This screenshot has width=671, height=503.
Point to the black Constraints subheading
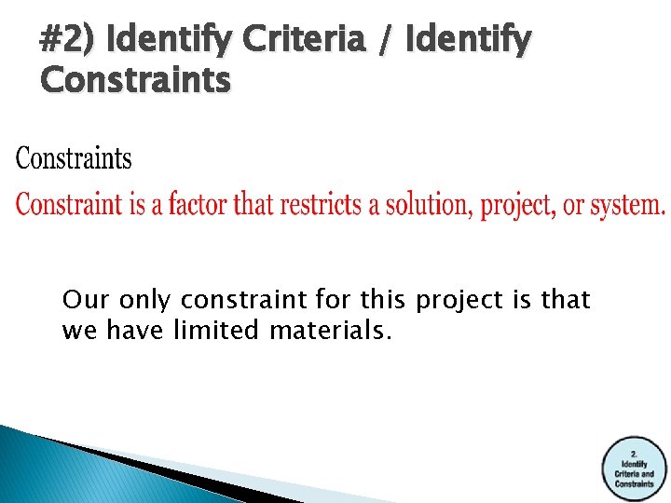click(x=74, y=159)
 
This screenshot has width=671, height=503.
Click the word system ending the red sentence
click(x=629, y=204)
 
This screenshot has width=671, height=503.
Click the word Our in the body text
click(x=81, y=301)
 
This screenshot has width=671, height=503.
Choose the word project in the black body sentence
click(x=459, y=301)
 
